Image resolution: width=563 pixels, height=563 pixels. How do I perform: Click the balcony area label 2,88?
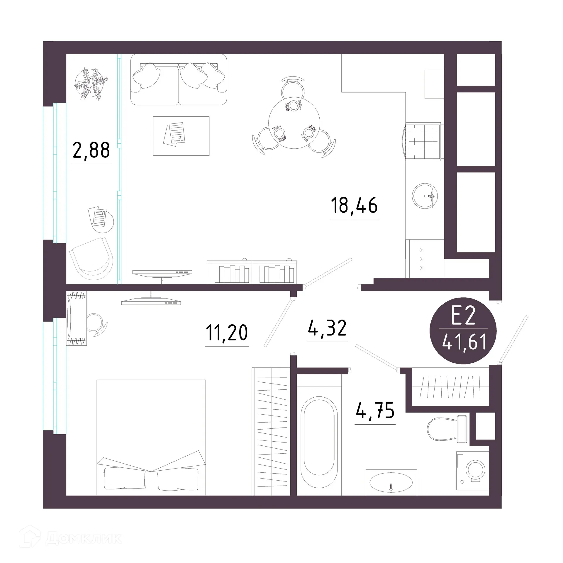(x=91, y=150)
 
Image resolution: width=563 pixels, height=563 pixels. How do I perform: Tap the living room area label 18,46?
(x=354, y=205)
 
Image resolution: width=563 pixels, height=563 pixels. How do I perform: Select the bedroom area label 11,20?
(x=227, y=333)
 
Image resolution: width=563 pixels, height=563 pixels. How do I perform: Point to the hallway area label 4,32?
(x=327, y=328)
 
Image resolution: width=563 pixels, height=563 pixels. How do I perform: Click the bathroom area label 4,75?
(x=375, y=410)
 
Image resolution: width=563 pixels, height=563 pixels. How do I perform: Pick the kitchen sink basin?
(x=425, y=196)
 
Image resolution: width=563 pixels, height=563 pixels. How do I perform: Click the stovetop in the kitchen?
(x=423, y=142)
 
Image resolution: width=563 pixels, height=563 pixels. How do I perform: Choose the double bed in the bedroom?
(x=151, y=437)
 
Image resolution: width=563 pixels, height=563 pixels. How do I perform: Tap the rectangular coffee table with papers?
(x=181, y=136)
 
